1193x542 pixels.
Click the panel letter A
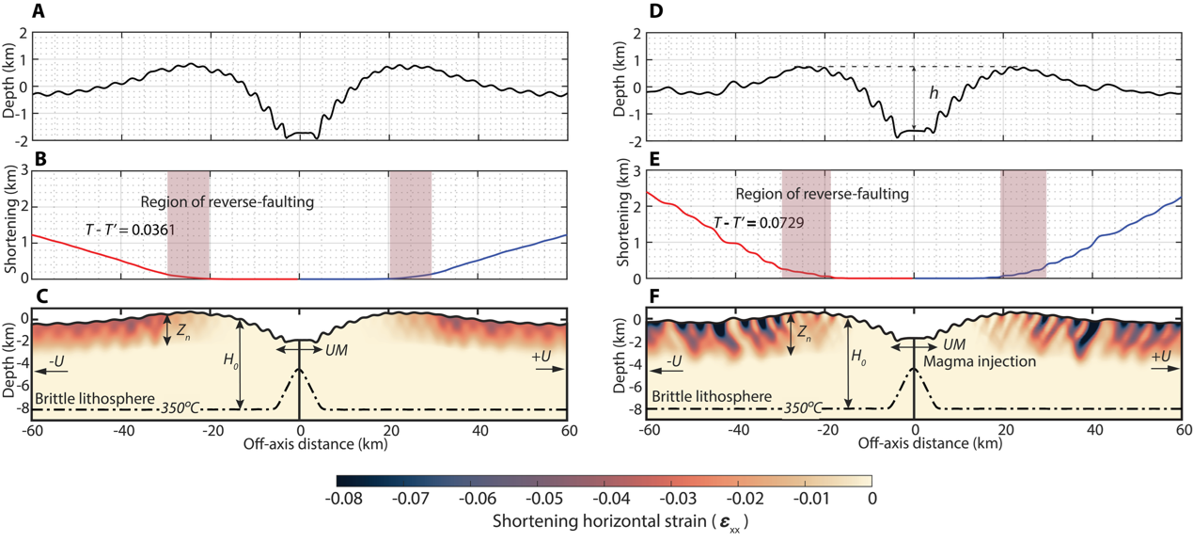pyautogui.click(x=39, y=10)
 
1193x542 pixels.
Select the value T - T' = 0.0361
pyautogui.click(x=130, y=230)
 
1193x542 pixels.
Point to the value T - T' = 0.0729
pyautogui.click(x=759, y=222)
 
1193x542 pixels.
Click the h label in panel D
pyautogui.click(x=934, y=93)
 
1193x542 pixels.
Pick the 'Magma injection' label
pyautogui.click(x=980, y=361)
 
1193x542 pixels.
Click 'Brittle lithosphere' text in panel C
pyautogui.click(x=95, y=398)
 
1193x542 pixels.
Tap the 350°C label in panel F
pyautogui.click(x=803, y=408)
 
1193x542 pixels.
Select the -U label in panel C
pyautogui.click(x=56, y=361)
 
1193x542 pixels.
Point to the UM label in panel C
pyautogui.click(x=336, y=350)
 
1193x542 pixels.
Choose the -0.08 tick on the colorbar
pyautogui.click(x=343, y=499)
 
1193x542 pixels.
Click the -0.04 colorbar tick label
pyautogui.click(x=611, y=499)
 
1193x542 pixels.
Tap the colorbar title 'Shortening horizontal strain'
pyautogui.click(x=600, y=520)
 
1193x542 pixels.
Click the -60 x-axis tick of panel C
pyautogui.click(x=33, y=431)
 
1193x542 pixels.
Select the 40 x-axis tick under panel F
pyautogui.click(x=1095, y=430)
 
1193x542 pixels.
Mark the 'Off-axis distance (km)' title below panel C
pyautogui.click(x=315, y=444)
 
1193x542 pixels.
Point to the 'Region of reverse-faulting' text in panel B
pyautogui.click(x=228, y=202)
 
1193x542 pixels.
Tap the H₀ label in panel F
pyautogui.click(x=858, y=356)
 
